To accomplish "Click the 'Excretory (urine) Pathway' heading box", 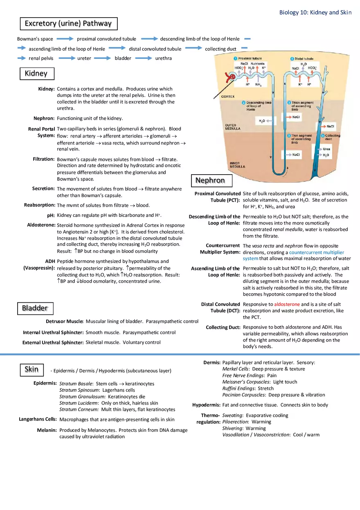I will (x=68, y=24).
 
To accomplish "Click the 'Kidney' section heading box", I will (x=36, y=74).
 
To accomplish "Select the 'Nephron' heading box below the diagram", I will (x=210, y=180).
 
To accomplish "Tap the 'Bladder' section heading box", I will (x=35, y=308).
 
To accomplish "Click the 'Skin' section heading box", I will (x=32, y=370).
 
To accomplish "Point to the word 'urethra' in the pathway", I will (x=164, y=58).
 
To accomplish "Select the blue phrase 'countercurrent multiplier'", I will (x=317, y=252).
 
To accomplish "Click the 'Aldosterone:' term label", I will (x=41, y=225).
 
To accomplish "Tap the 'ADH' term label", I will (x=50, y=261).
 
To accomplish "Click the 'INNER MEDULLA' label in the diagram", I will (x=237, y=165).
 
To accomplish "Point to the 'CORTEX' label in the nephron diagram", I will (x=227, y=97).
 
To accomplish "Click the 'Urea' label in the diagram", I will (x=326, y=149).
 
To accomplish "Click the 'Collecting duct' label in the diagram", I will (x=332, y=137).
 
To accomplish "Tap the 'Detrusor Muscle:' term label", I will (x=65, y=321).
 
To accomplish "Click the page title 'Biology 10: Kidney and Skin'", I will (x=315, y=12).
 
